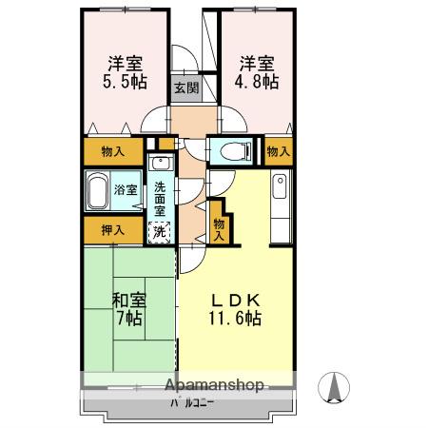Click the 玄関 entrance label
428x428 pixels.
(x=185, y=88)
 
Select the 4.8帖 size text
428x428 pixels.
(x=258, y=83)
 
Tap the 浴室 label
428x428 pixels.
(x=126, y=189)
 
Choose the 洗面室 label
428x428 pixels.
(x=160, y=199)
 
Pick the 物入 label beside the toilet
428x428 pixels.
(x=278, y=150)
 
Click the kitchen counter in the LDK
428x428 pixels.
(x=279, y=208)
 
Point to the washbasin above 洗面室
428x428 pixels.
(x=159, y=162)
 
